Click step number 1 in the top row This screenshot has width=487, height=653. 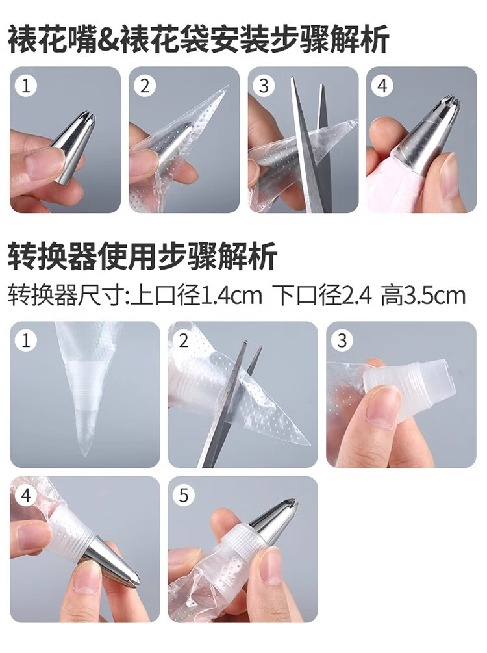[x=26, y=86]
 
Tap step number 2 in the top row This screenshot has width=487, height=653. [x=145, y=86]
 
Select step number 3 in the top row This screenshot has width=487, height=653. [x=264, y=86]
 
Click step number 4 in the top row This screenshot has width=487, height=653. [x=382, y=86]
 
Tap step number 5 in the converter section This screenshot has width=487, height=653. [x=184, y=496]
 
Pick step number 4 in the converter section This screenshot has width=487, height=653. [x=26, y=496]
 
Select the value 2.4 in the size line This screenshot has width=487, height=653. [x=356, y=296]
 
